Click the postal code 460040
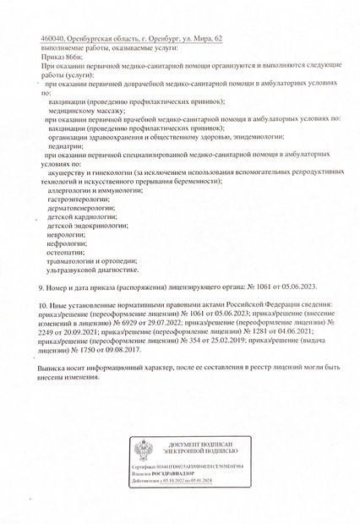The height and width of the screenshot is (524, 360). point(53,40)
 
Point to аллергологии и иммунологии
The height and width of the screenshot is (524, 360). point(94,192)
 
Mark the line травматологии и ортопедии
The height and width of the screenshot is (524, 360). point(91,261)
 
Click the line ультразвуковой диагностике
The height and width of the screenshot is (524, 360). point(93,270)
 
